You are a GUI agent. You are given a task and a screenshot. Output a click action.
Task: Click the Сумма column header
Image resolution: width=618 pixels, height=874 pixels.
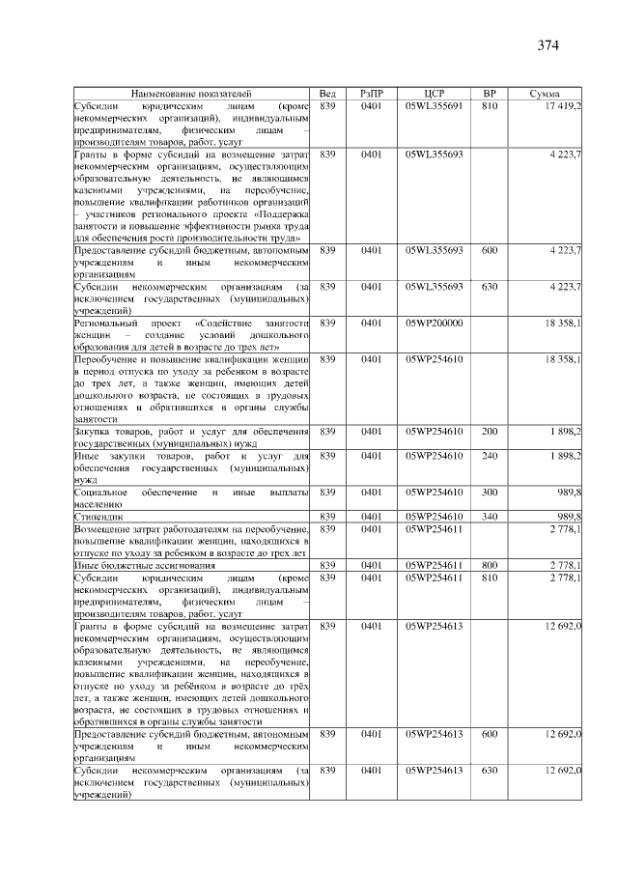(546, 93)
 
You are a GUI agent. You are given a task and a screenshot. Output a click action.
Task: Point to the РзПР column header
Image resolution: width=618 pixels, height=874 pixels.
(372, 93)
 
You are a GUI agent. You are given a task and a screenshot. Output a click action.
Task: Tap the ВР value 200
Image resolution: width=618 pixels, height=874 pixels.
(489, 431)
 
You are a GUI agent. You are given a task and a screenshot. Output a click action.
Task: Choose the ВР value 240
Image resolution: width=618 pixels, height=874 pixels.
(489, 456)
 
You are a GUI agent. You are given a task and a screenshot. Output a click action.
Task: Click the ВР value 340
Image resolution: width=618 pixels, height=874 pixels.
(489, 518)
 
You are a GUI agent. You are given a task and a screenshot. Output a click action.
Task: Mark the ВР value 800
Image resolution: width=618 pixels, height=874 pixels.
(489, 565)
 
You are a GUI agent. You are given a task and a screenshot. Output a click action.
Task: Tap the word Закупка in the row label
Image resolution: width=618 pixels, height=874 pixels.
(96, 431)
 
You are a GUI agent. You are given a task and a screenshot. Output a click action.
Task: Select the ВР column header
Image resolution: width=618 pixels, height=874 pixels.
(489, 93)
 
